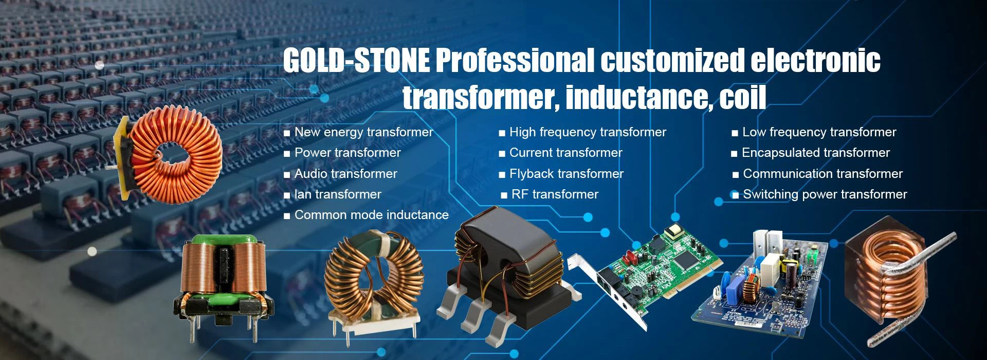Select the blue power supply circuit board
click(761, 288)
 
